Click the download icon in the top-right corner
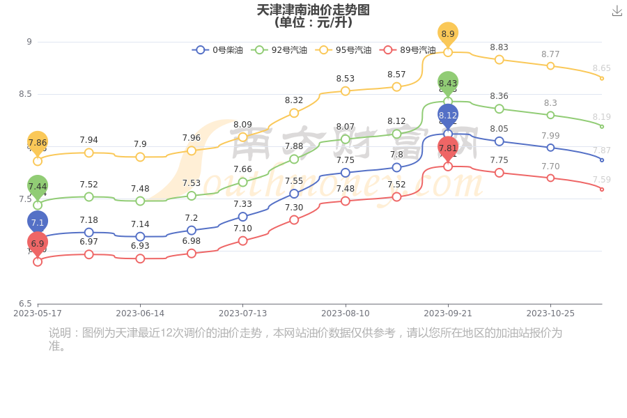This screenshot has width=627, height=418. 617,10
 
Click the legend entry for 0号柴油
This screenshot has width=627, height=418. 217,50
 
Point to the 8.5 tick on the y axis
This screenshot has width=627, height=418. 24,94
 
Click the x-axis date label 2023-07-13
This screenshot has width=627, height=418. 242,313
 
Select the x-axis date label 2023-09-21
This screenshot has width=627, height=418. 448,313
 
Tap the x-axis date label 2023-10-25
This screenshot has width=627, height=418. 550,313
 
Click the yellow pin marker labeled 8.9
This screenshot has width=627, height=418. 448,33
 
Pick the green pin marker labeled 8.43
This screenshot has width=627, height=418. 448,83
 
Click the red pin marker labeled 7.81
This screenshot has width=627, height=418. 448,148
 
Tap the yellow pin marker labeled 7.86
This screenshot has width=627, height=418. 38,142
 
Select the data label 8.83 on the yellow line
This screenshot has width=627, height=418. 499,47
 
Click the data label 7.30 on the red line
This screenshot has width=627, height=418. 294,208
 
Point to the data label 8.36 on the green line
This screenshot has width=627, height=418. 499,96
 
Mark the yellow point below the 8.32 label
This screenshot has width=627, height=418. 294,113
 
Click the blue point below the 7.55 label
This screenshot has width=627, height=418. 294,194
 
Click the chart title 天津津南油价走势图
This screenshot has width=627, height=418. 313,10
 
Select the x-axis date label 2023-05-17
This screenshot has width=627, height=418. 38,313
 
